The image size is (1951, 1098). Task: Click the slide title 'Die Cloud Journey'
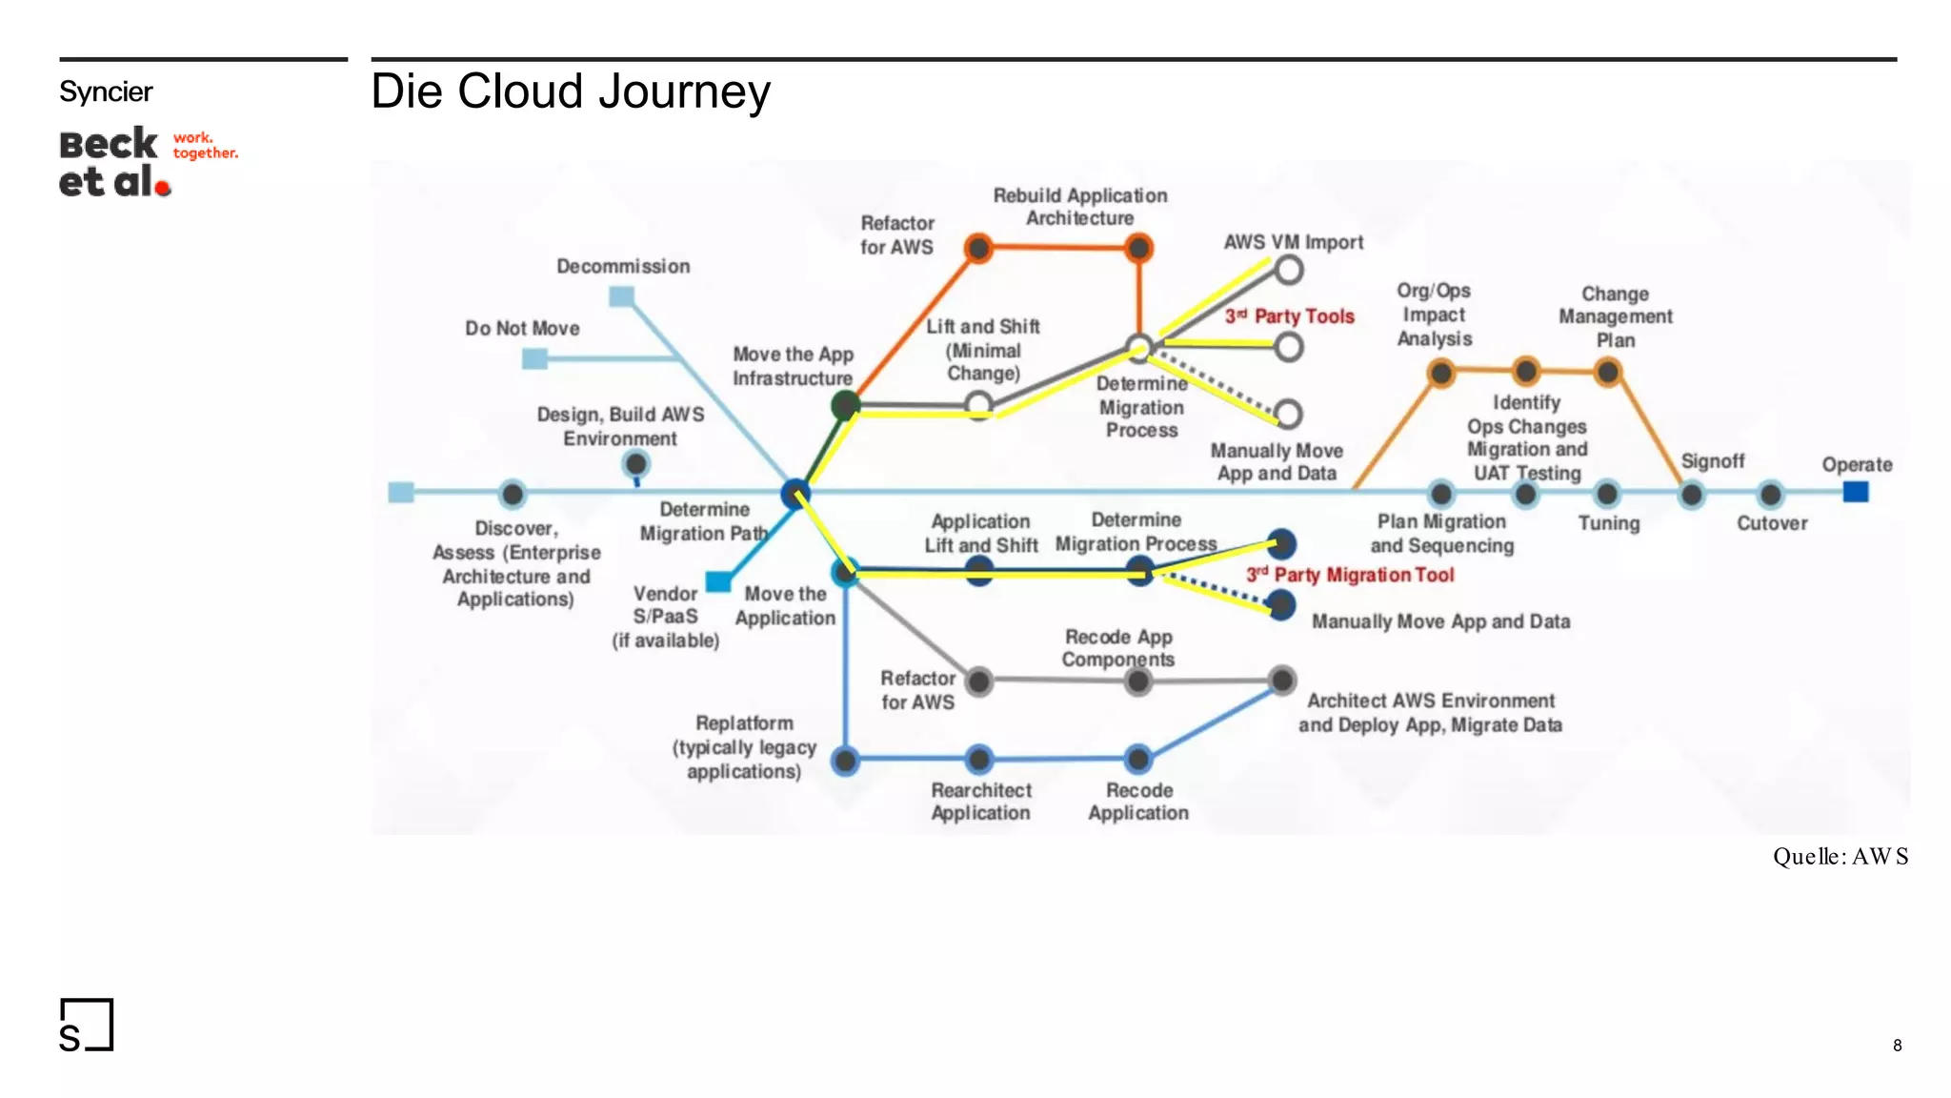coord(570,91)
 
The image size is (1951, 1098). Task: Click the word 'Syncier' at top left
coord(106,91)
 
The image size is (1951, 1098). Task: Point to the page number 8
coord(1897,1045)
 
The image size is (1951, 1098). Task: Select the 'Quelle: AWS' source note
coord(1840,856)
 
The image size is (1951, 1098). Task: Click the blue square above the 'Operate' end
coord(1855,492)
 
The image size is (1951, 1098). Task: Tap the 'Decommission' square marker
coord(621,296)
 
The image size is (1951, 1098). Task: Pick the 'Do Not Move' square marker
coord(534,358)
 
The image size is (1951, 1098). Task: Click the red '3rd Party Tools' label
coord(1289,315)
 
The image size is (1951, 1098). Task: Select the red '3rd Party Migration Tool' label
coord(1350,575)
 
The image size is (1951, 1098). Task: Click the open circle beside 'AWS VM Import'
coord(1288,271)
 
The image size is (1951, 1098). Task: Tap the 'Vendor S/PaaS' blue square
coord(718,580)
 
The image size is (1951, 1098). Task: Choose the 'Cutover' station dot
coord(1770,495)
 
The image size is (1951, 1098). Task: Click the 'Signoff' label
coord(1712,461)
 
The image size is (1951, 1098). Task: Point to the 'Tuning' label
coord(1608,523)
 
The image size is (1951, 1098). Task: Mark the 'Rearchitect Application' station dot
coord(978,760)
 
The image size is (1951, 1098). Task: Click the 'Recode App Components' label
coord(1117,648)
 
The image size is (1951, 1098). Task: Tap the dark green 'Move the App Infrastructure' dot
coord(844,405)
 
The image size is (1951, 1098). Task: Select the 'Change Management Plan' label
coord(1615,316)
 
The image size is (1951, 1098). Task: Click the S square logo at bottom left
coord(86,1026)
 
